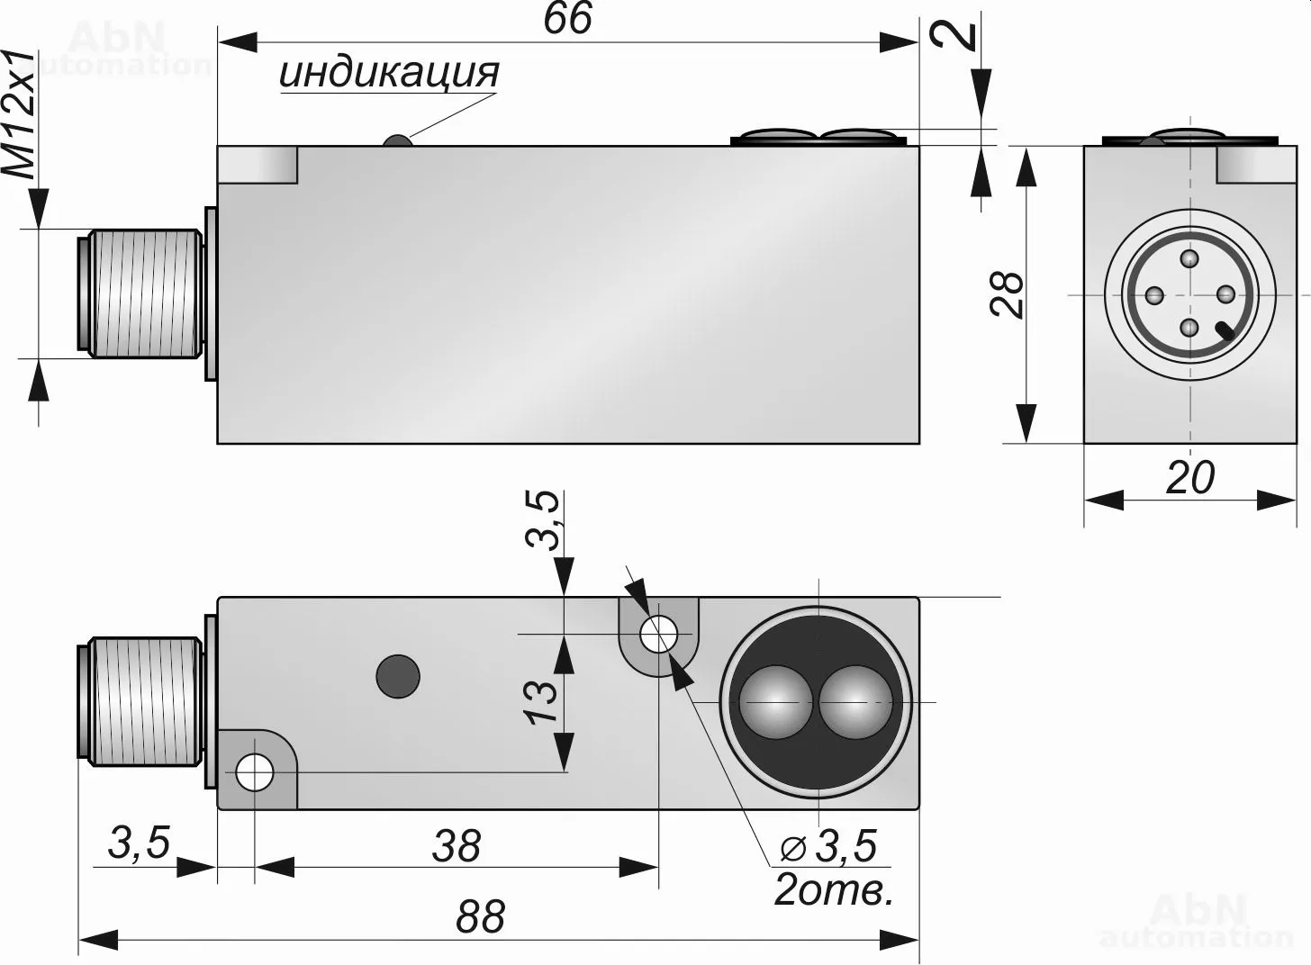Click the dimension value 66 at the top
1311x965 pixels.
(x=568, y=19)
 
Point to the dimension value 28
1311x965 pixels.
(x=1008, y=293)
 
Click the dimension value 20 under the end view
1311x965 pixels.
(x=1189, y=477)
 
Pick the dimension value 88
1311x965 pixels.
(x=480, y=916)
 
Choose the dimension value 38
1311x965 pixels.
(x=457, y=846)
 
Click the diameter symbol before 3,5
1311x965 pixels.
(x=793, y=847)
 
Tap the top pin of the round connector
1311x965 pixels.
(x=1190, y=260)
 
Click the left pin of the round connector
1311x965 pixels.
(x=1154, y=294)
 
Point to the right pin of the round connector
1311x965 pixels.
(x=1225, y=294)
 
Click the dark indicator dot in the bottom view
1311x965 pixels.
(x=398, y=675)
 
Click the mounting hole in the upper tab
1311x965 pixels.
(x=658, y=634)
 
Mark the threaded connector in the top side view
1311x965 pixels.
(x=144, y=294)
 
